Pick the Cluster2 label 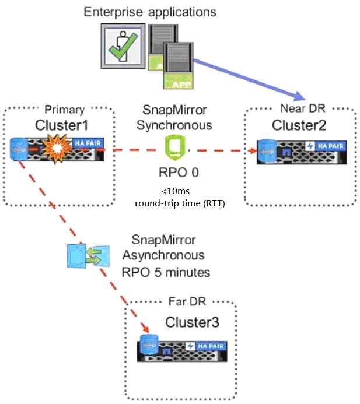click(299, 126)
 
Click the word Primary click(64, 110)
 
